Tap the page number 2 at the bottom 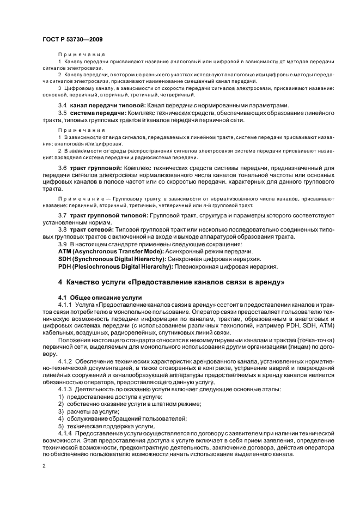click(x=45, y=466)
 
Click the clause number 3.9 click(x=62, y=244)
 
